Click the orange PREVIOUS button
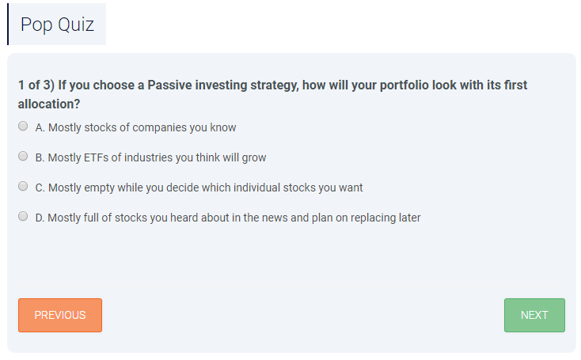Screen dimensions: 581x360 click(60, 315)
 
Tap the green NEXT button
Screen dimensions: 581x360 click(534, 315)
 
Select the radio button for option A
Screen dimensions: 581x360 click(23, 127)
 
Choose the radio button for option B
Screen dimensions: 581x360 click(23, 157)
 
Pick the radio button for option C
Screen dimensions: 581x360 click(23, 186)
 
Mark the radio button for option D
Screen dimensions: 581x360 click(23, 216)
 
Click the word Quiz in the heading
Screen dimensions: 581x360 click(76, 25)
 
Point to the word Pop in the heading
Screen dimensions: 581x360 click(36, 25)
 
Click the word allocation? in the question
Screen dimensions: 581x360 click(49, 104)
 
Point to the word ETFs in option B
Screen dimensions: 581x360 click(97, 157)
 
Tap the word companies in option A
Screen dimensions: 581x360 click(159, 127)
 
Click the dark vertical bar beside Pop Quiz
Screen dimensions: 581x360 click(8, 24)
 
